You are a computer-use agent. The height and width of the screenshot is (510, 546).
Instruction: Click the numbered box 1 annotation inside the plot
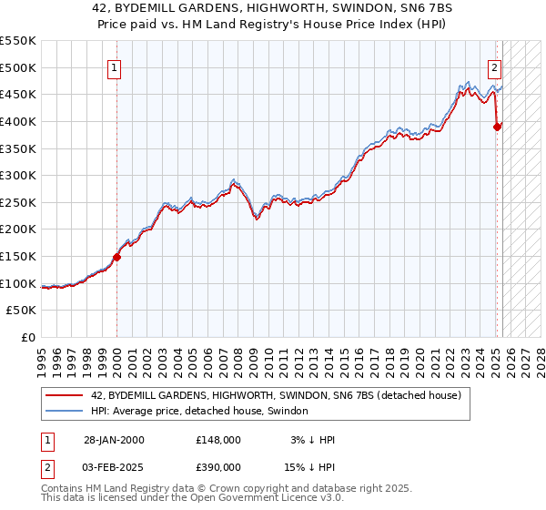(x=115, y=66)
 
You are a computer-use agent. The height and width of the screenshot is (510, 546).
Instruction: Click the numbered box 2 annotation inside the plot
(x=493, y=66)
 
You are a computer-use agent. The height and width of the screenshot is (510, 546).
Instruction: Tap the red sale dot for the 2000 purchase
(x=116, y=257)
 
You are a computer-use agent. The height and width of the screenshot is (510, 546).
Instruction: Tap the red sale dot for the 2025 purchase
(x=497, y=127)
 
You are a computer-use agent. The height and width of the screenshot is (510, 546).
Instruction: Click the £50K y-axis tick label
(x=22, y=311)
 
